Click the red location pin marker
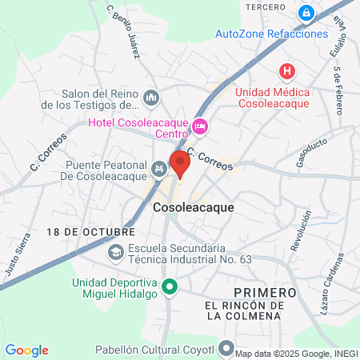click(x=180, y=163)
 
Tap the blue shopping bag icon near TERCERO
click(x=306, y=14)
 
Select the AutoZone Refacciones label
click(x=271, y=34)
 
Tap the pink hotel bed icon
click(x=200, y=125)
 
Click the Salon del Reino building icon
click(x=151, y=98)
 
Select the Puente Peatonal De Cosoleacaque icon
click(x=158, y=168)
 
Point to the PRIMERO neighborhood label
click(x=265, y=292)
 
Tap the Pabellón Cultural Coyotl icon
click(x=227, y=350)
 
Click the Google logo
click(x=26, y=350)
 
